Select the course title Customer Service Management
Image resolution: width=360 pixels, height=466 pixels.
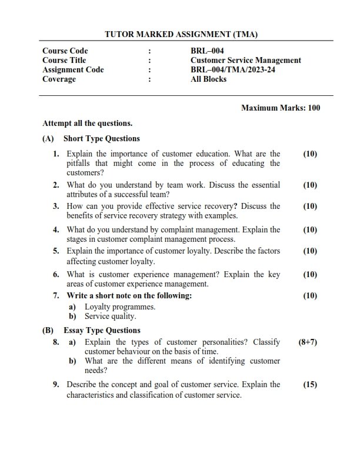(x=246, y=60)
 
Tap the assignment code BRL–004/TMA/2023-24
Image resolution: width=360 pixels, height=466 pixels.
(x=233, y=69)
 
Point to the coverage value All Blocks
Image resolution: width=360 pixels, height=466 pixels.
(x=208, y=79)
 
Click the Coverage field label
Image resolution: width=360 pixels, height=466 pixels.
(x=59, y=79)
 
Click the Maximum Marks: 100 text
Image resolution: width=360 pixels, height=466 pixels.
(x=281, y=108)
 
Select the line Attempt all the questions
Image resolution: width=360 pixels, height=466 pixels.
(x=88, y=124)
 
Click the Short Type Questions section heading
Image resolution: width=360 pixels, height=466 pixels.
(x=101, y=139)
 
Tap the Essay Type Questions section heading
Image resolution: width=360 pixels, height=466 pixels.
(x=102, y=330)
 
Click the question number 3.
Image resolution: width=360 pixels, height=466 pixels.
(x=56, y=207)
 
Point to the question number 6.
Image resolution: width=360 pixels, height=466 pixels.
(x=56, y=275)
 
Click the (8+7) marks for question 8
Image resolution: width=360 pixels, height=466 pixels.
(x=308, y=342)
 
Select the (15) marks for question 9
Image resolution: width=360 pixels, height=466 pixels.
(x=310, y=385)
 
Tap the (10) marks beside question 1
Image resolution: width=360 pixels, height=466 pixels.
(x=310, y=154)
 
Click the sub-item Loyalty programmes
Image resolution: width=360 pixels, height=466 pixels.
(x=120, y=307)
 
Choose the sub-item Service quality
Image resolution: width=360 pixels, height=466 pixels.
(x=110, y=316)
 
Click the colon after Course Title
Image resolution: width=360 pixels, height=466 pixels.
(x=149, y=60)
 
